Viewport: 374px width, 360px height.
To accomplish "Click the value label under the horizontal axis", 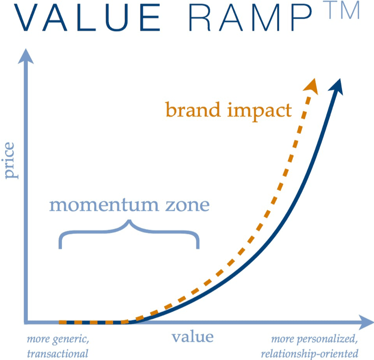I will [x=192, y=337].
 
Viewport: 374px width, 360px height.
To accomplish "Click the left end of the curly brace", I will [x=61, y=246].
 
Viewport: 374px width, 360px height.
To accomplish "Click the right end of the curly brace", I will [x=198, y=246].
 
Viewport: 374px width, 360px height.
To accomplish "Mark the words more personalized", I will [x=314, y=339].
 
